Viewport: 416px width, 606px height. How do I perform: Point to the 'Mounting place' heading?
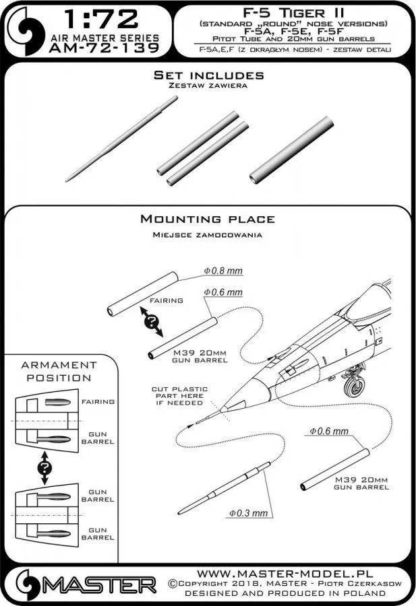click(x=207, y=219)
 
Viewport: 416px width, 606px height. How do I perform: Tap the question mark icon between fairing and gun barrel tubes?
click(x=154, y=321)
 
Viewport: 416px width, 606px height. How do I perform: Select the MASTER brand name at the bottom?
click(x=96, y=582)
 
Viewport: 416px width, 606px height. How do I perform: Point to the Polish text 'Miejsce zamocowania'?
click(x=207, y=235)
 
